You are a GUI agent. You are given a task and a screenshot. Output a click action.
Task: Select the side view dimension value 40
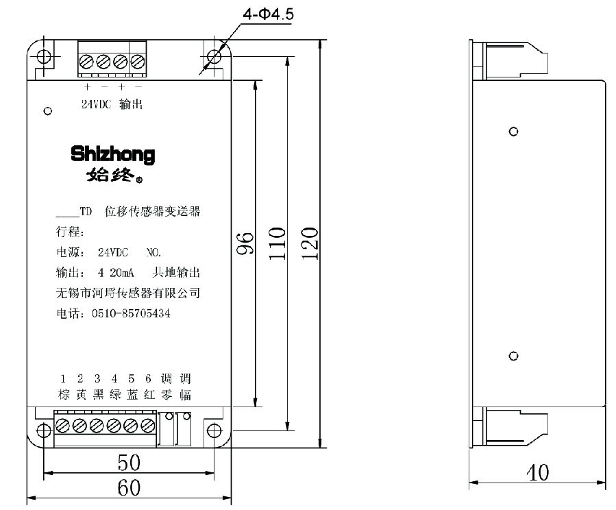538,473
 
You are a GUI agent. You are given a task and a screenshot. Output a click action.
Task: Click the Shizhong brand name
113,154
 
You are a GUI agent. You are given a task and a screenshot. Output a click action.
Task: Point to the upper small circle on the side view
513,131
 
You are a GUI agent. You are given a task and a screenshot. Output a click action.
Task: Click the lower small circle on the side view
513,356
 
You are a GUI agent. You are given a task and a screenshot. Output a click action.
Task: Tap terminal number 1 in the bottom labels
63,378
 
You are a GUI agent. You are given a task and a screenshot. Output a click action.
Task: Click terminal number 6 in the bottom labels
148,378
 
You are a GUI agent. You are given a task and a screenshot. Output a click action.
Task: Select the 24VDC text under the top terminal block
96,105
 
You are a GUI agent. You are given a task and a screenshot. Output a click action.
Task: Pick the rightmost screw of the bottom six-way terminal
146,426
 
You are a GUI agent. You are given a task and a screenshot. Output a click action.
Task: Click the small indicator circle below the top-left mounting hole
47,110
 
